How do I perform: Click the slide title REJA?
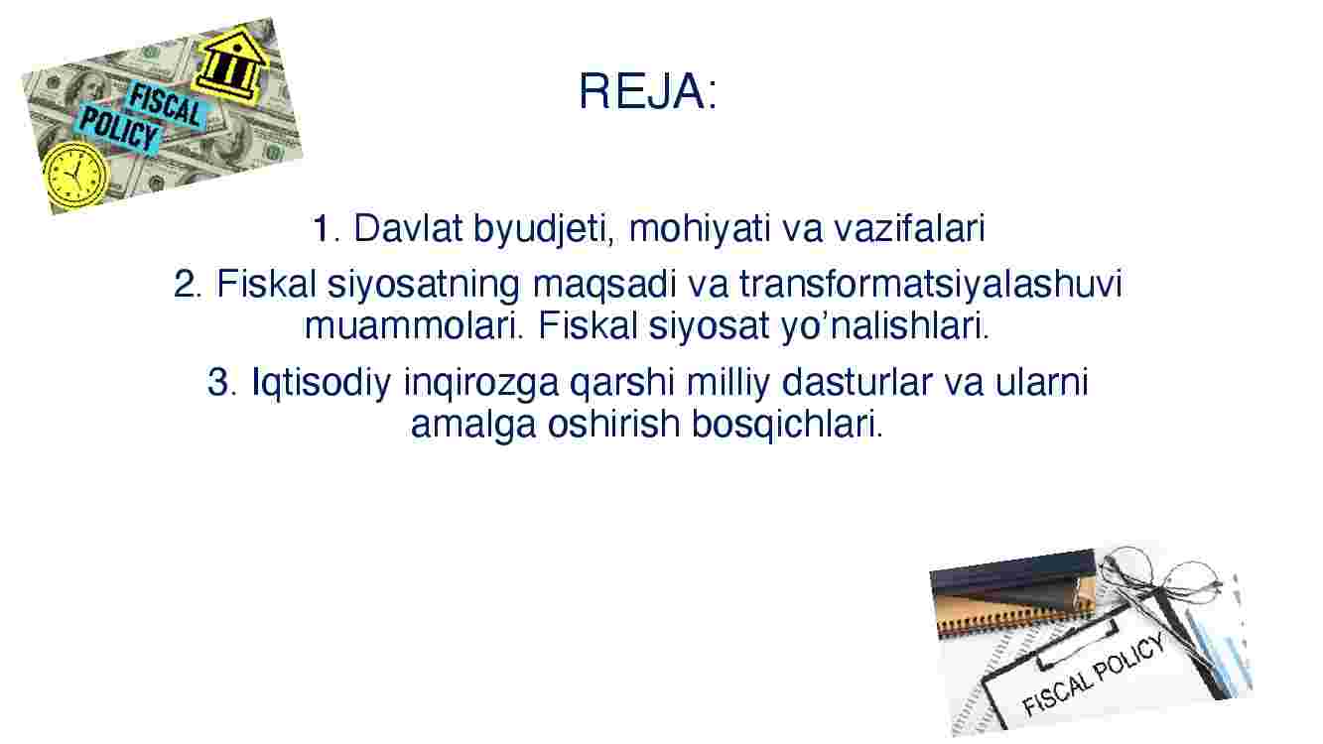point(648,91)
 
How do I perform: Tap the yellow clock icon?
point(76,174)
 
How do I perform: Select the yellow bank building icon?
point(231,64)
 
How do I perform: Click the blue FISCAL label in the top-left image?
point(167,106)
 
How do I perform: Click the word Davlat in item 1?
point(408,228)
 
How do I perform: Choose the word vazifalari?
point(909,228)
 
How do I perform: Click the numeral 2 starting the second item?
point(185,285)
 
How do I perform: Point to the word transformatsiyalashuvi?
point(930,285)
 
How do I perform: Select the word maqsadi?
point(604,286)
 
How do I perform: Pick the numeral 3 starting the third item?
point(218,383)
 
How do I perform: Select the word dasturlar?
point(857,382)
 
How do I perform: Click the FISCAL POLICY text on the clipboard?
point(1094,674)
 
